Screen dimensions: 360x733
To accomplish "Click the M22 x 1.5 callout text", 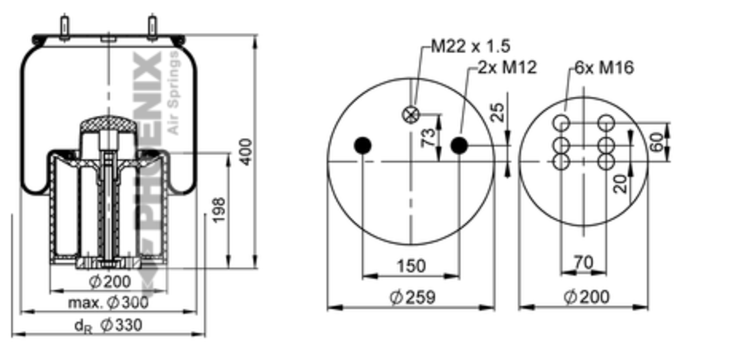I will coord(470,46).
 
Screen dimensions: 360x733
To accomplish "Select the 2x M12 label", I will coord(507,67).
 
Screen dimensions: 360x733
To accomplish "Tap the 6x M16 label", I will coord(604,67).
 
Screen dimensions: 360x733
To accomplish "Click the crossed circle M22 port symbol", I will coord(410,115).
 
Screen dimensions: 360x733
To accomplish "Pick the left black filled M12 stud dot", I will coord(363,145).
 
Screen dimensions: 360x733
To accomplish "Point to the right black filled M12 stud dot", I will coord(459,145).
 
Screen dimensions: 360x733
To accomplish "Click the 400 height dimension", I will coord(247,151).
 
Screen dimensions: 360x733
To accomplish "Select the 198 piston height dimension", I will coord(219,210).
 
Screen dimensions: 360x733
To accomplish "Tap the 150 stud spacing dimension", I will coord(411,266).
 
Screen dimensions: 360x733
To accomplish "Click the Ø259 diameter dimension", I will coord(413,297).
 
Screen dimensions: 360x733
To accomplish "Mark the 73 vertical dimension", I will coord(428,138).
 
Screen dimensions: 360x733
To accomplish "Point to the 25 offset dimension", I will coord(496,113).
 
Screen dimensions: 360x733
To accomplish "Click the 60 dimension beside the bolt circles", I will coord(658,142).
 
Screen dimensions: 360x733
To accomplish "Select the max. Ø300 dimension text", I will coord(108,302).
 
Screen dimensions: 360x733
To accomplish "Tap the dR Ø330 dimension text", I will coord(108,325).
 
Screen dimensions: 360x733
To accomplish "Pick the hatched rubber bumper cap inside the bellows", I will coord(108,124).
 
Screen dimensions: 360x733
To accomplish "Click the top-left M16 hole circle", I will coord(561,123).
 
